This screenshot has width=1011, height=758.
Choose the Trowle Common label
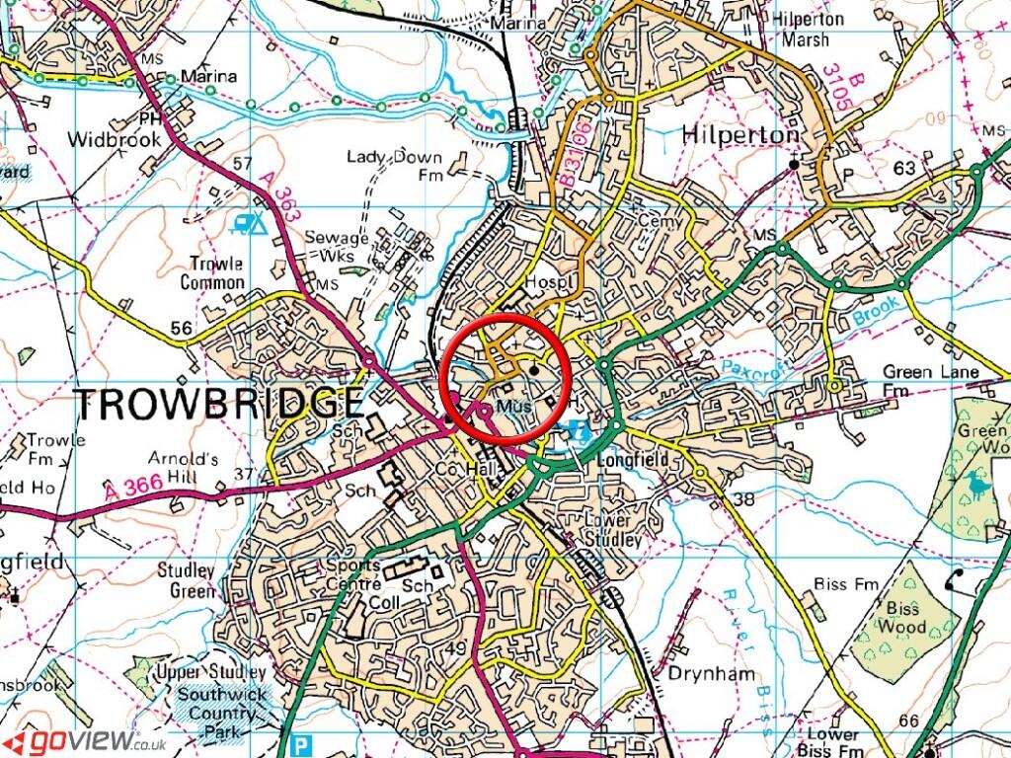(x=212, y=273)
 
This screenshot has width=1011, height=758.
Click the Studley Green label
(x=186, y=581)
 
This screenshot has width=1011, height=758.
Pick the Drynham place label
(x=711, y=674)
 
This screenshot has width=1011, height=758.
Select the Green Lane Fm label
(x=929, y=380)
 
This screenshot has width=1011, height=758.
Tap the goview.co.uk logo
(x=83, y=740)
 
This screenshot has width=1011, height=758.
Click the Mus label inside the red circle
(x=514, y=406)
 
